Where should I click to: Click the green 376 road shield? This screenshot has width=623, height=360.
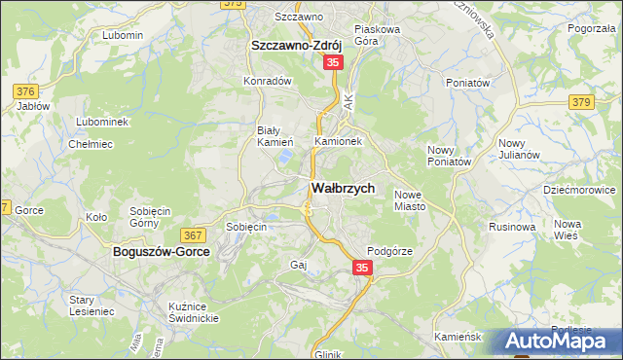tap(26, 91)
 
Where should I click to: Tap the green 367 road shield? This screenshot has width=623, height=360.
tap(193, 235)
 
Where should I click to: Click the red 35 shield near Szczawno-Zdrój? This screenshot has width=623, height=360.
tap(333, 62)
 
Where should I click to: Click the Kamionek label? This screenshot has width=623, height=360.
tap(338, 141)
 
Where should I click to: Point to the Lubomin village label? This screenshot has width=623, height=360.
tap(123, 35)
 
